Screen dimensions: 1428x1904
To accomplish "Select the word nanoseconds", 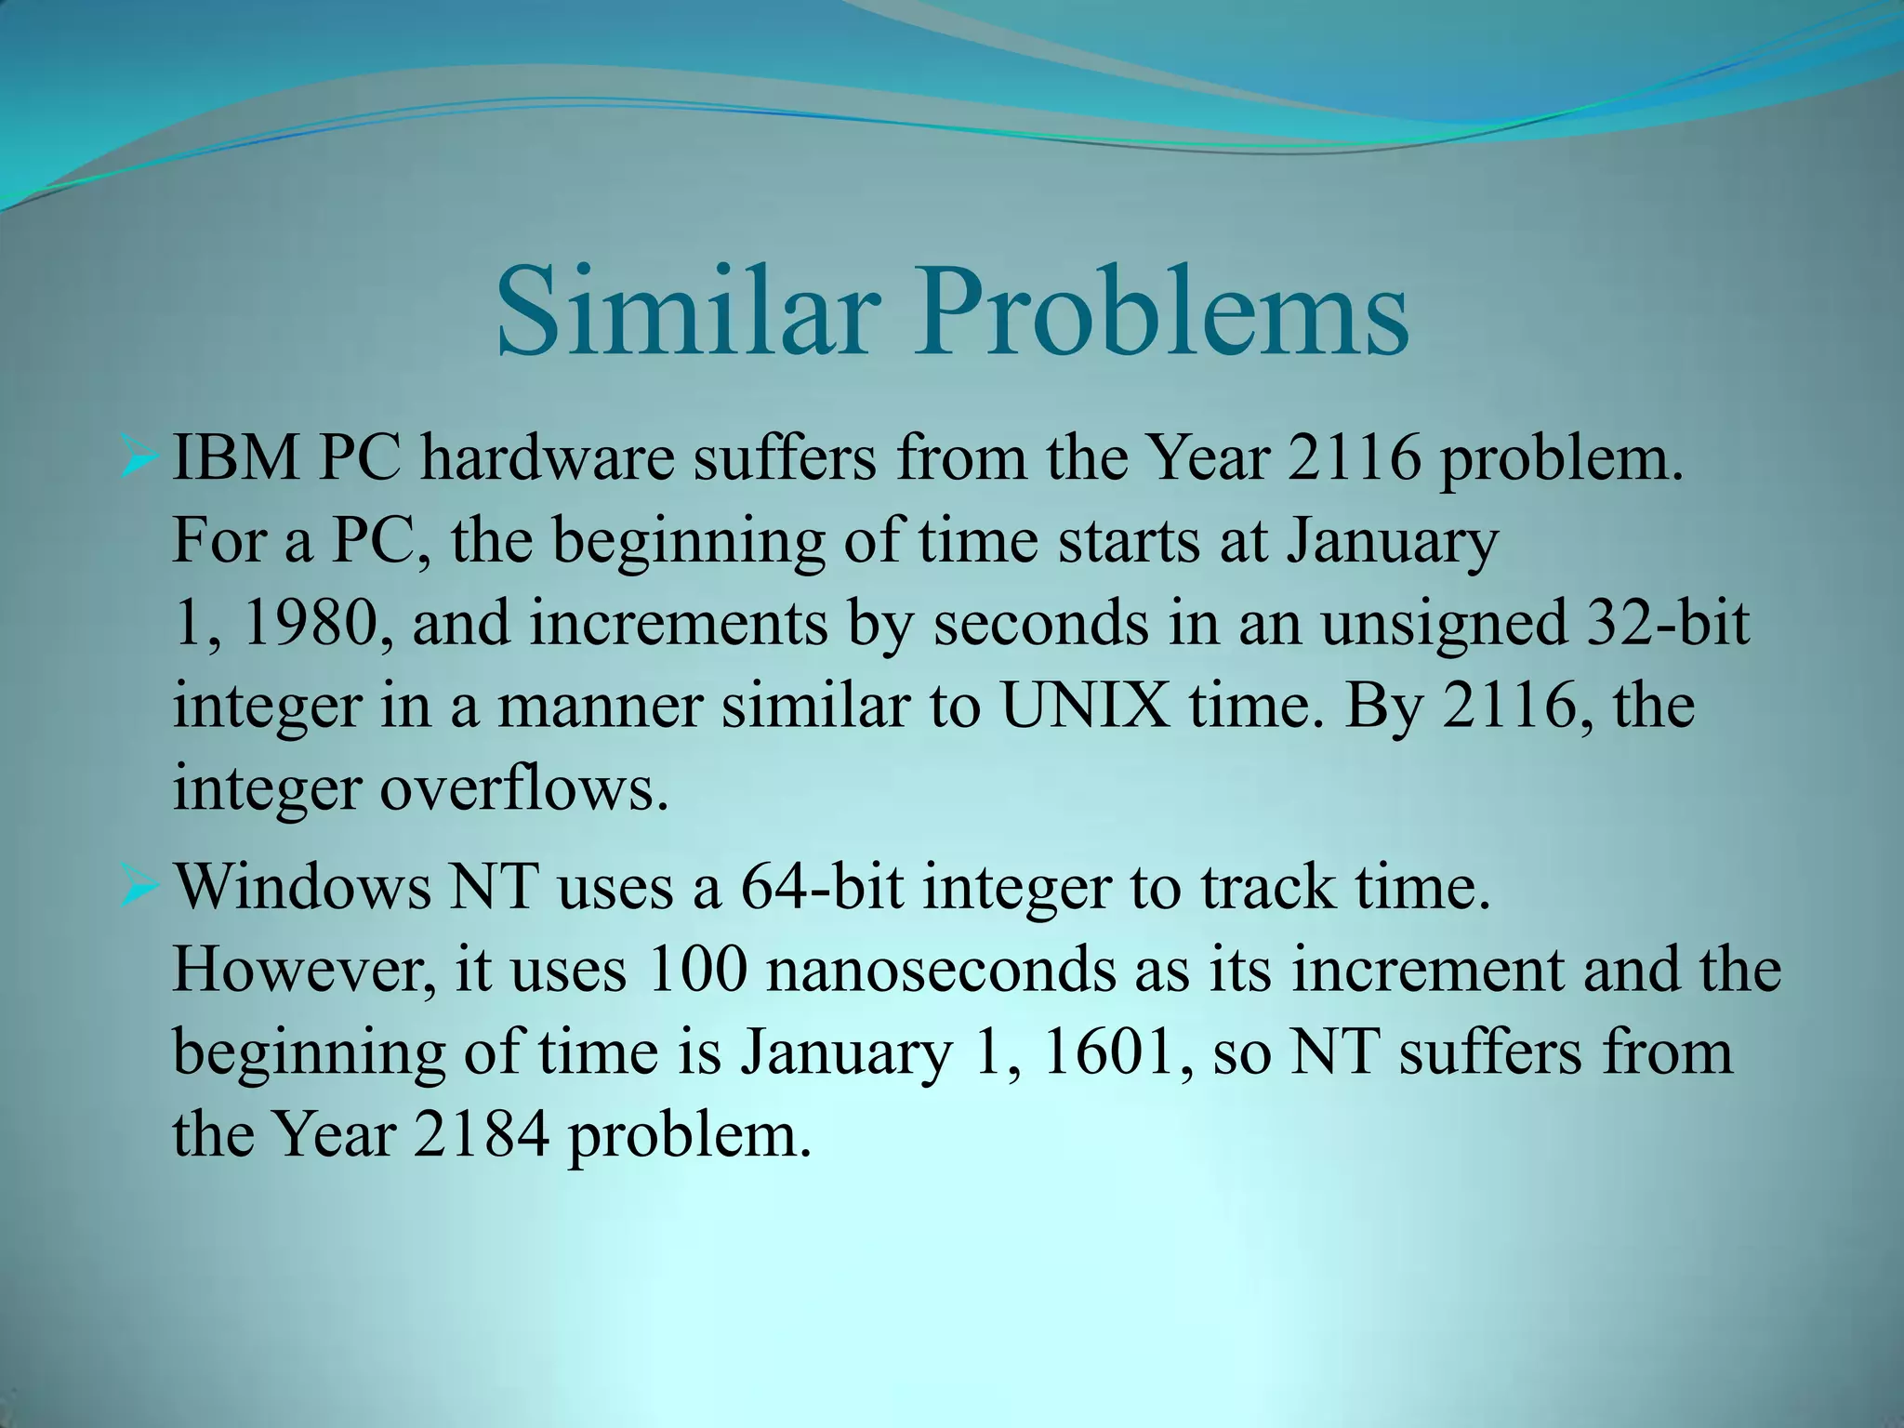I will [976, 971].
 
